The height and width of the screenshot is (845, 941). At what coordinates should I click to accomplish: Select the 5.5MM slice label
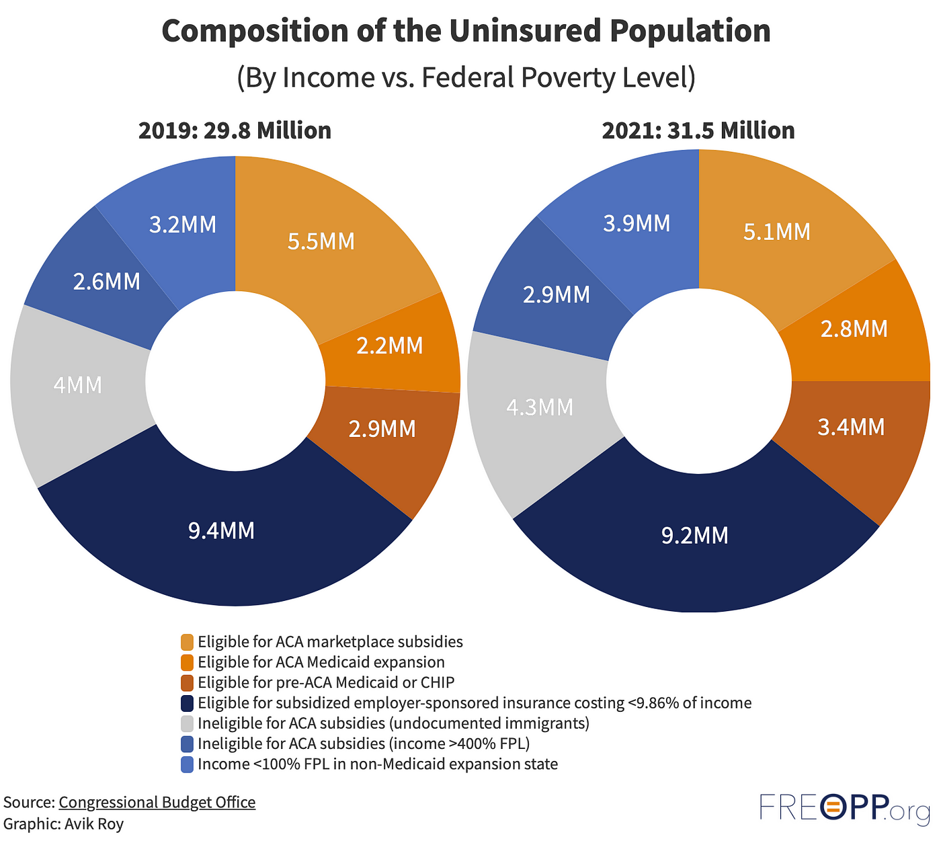pos(321,241)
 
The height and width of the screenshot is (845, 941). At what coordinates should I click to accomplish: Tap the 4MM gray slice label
pos(78,385)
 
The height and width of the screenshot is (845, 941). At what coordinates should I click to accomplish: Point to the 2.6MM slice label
pos(107,282)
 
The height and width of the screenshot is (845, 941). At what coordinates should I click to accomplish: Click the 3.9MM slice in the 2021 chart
pos(637,223)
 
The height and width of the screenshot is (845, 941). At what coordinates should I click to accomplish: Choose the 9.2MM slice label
pos(694,535)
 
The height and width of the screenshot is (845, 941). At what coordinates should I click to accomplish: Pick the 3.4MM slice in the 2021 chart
pos(851,427)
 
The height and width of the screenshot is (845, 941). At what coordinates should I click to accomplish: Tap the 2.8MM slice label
pos(854,329)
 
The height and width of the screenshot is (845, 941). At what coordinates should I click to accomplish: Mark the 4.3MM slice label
pos(540,407)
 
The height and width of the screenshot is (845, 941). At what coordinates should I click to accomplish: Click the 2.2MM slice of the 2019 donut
pos(390,346)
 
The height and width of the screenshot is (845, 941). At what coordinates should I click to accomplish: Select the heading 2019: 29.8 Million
pos(235,130)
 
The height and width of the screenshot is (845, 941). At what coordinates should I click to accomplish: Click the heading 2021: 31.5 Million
pos(698,130)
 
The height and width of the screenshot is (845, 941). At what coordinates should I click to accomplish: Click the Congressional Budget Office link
pos(157,802)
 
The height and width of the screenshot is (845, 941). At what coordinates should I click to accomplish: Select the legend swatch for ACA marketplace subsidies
pos(188,642)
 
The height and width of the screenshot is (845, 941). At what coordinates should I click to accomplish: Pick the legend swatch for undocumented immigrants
pos(188,723)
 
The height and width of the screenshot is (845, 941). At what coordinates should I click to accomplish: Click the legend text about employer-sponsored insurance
pos(474,703)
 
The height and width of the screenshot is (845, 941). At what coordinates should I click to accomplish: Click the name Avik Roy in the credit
pos(94,823)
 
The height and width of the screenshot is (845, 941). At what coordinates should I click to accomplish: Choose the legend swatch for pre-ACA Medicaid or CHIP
pos(188,683)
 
